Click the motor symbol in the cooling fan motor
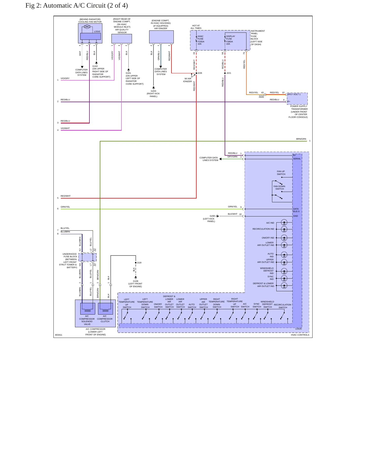[87, 27]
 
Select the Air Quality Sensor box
[122, 39]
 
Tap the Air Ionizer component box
[161, 37]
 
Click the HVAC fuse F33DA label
[201, 40]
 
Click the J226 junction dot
[196, 73]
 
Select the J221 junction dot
[225, 73]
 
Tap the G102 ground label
[95, 66]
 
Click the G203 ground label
[153, 91]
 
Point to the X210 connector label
[261, 96]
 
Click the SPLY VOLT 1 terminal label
[294, 94]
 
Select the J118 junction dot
[136, 263]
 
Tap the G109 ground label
[136, 281]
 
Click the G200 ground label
[212, 216]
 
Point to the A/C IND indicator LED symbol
[284, 223]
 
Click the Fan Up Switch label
[281, 173]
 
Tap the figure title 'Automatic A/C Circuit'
[74, 6]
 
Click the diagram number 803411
[59, 335]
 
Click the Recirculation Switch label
[283, 306]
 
